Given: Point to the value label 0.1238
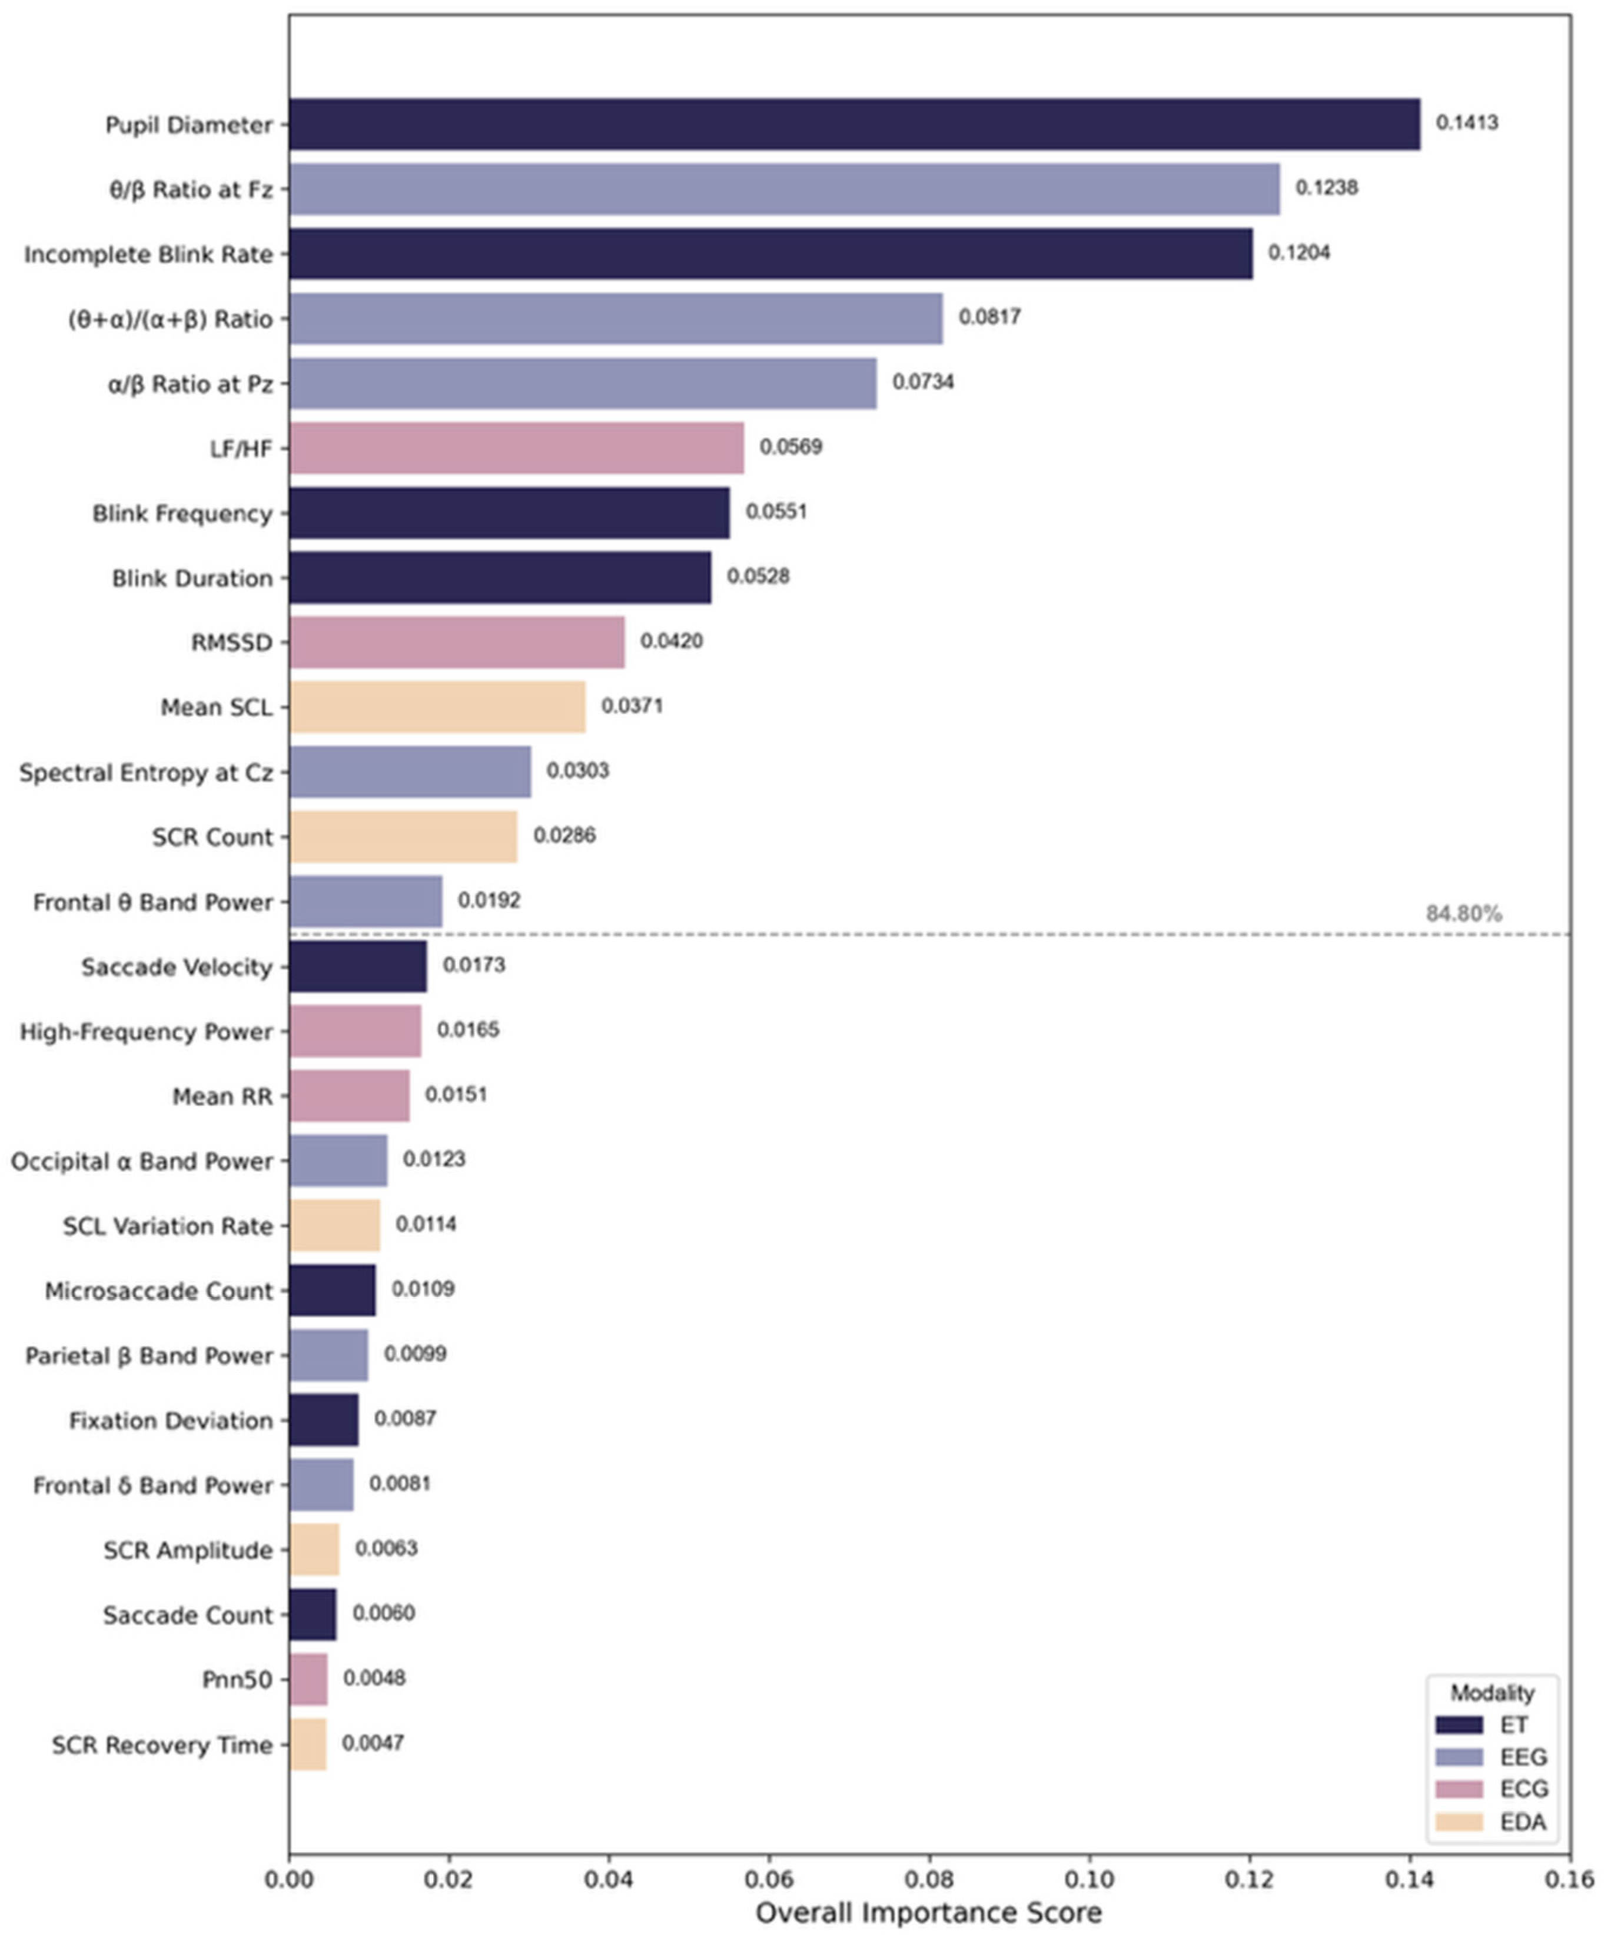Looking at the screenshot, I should point(1326,188).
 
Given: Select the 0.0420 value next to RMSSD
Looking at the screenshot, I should point(671,641).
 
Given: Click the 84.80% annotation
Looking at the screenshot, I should point(1463,915).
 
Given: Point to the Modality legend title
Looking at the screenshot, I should point(1491,1693).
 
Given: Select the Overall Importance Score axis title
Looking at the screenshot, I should point(929,1913).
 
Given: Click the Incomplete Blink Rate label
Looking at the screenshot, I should point(149,255).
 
